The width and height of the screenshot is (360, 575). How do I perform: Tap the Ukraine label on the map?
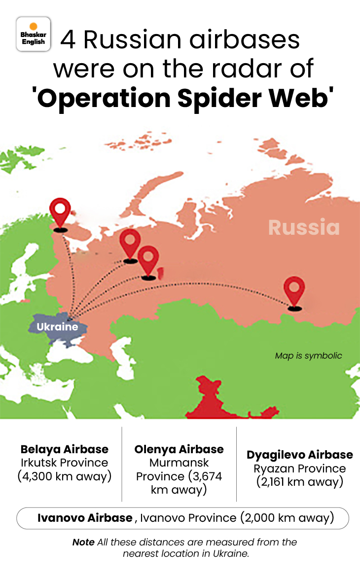57,326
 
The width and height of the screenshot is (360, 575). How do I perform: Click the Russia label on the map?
304,227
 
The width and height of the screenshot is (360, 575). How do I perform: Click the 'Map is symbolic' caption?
308,356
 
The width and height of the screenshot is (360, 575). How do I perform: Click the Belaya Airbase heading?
64,449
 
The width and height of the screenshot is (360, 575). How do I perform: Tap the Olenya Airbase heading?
179,449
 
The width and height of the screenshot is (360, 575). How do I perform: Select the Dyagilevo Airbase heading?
300,455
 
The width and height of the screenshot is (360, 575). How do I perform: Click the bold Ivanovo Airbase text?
85,518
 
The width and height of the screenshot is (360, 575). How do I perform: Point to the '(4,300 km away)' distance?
64,476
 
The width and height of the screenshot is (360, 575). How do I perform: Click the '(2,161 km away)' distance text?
300,482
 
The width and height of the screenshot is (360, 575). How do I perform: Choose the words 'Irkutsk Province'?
64,463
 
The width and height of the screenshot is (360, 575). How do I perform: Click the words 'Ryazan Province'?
300,468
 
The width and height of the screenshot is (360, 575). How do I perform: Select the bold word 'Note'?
83,542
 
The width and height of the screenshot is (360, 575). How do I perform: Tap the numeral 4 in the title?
68,40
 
